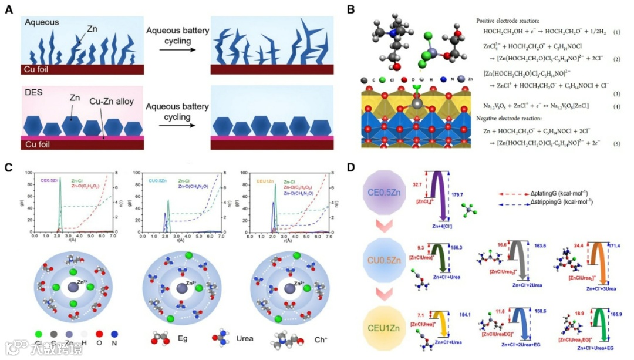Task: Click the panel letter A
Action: tap(8, 9)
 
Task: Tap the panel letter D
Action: tap(350, 167)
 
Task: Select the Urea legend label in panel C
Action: tap(244, 338)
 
